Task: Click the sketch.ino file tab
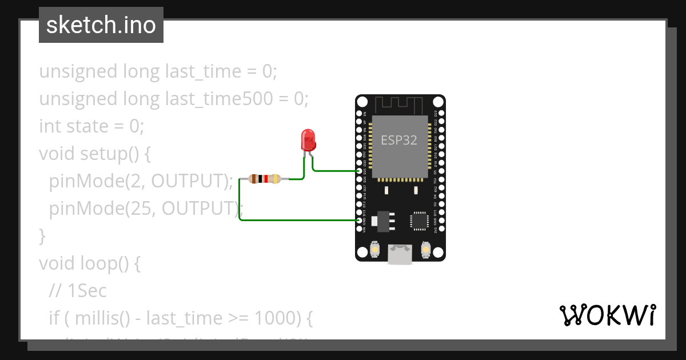pos(101,25)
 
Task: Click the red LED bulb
pos(308,139)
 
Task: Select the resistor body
pos(265,179)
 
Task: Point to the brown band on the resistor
pos(253,179)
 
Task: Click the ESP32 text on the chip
pos(399,140)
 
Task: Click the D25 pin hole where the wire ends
pos(359,171)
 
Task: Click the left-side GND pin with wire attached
pos(359,220)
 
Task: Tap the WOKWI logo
pos(607,315)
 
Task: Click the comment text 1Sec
pos(87,291)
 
